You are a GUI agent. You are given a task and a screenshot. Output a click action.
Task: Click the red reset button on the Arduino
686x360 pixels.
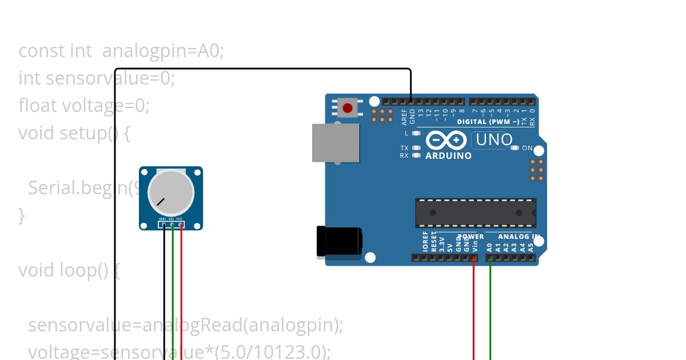click(348, 107)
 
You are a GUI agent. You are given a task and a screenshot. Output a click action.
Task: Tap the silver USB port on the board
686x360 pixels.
click(336, 143)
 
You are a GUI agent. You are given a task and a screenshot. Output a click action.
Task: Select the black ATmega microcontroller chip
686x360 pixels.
click(476, 213)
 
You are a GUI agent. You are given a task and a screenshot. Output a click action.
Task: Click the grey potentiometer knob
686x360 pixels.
click(170, 190)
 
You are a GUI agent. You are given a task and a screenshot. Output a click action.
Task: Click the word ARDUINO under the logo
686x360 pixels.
click(449, 155)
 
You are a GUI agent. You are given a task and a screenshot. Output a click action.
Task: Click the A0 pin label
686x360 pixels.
click(490, 247)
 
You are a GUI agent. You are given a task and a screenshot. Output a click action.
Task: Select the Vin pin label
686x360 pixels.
click(474, 246)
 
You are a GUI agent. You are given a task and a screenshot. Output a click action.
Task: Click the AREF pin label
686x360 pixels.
click(404, 117)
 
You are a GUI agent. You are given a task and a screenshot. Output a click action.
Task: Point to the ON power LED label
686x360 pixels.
click(527, 148)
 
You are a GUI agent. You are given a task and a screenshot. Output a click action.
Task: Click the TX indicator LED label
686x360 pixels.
click(404, 148)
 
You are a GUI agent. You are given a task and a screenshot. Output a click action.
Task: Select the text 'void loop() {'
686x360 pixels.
click(69, 270)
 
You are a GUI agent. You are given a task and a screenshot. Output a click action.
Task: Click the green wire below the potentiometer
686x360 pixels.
click(173, 297)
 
